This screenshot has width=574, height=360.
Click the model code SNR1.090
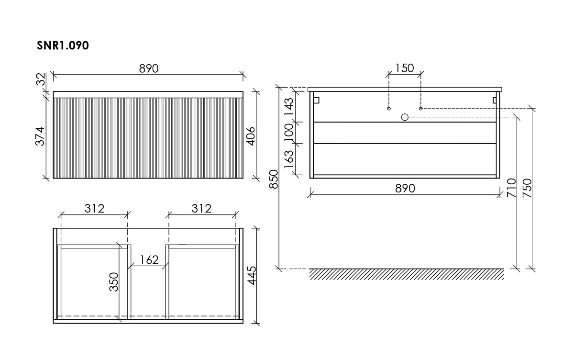63,45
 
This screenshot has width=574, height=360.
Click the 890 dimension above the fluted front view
149,68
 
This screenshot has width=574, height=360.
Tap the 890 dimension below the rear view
405,189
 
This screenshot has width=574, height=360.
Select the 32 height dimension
41,79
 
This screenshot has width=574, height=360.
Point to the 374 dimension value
40,136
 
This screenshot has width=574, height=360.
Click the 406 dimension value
252,136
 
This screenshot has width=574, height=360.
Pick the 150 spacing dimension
405,68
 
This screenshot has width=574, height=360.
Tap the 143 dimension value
289,107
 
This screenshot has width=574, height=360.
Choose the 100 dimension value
289,133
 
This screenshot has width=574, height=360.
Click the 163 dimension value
289,159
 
